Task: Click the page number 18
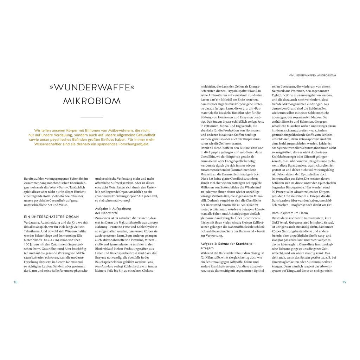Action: coord(15,282)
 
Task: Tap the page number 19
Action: coord(344,282)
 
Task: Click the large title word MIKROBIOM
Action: coord(92,101)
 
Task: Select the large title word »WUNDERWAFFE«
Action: coord(92,87)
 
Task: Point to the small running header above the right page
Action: coord(312,75)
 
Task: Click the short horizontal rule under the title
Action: coord(92,117)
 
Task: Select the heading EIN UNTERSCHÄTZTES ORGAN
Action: coord(52,217)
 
